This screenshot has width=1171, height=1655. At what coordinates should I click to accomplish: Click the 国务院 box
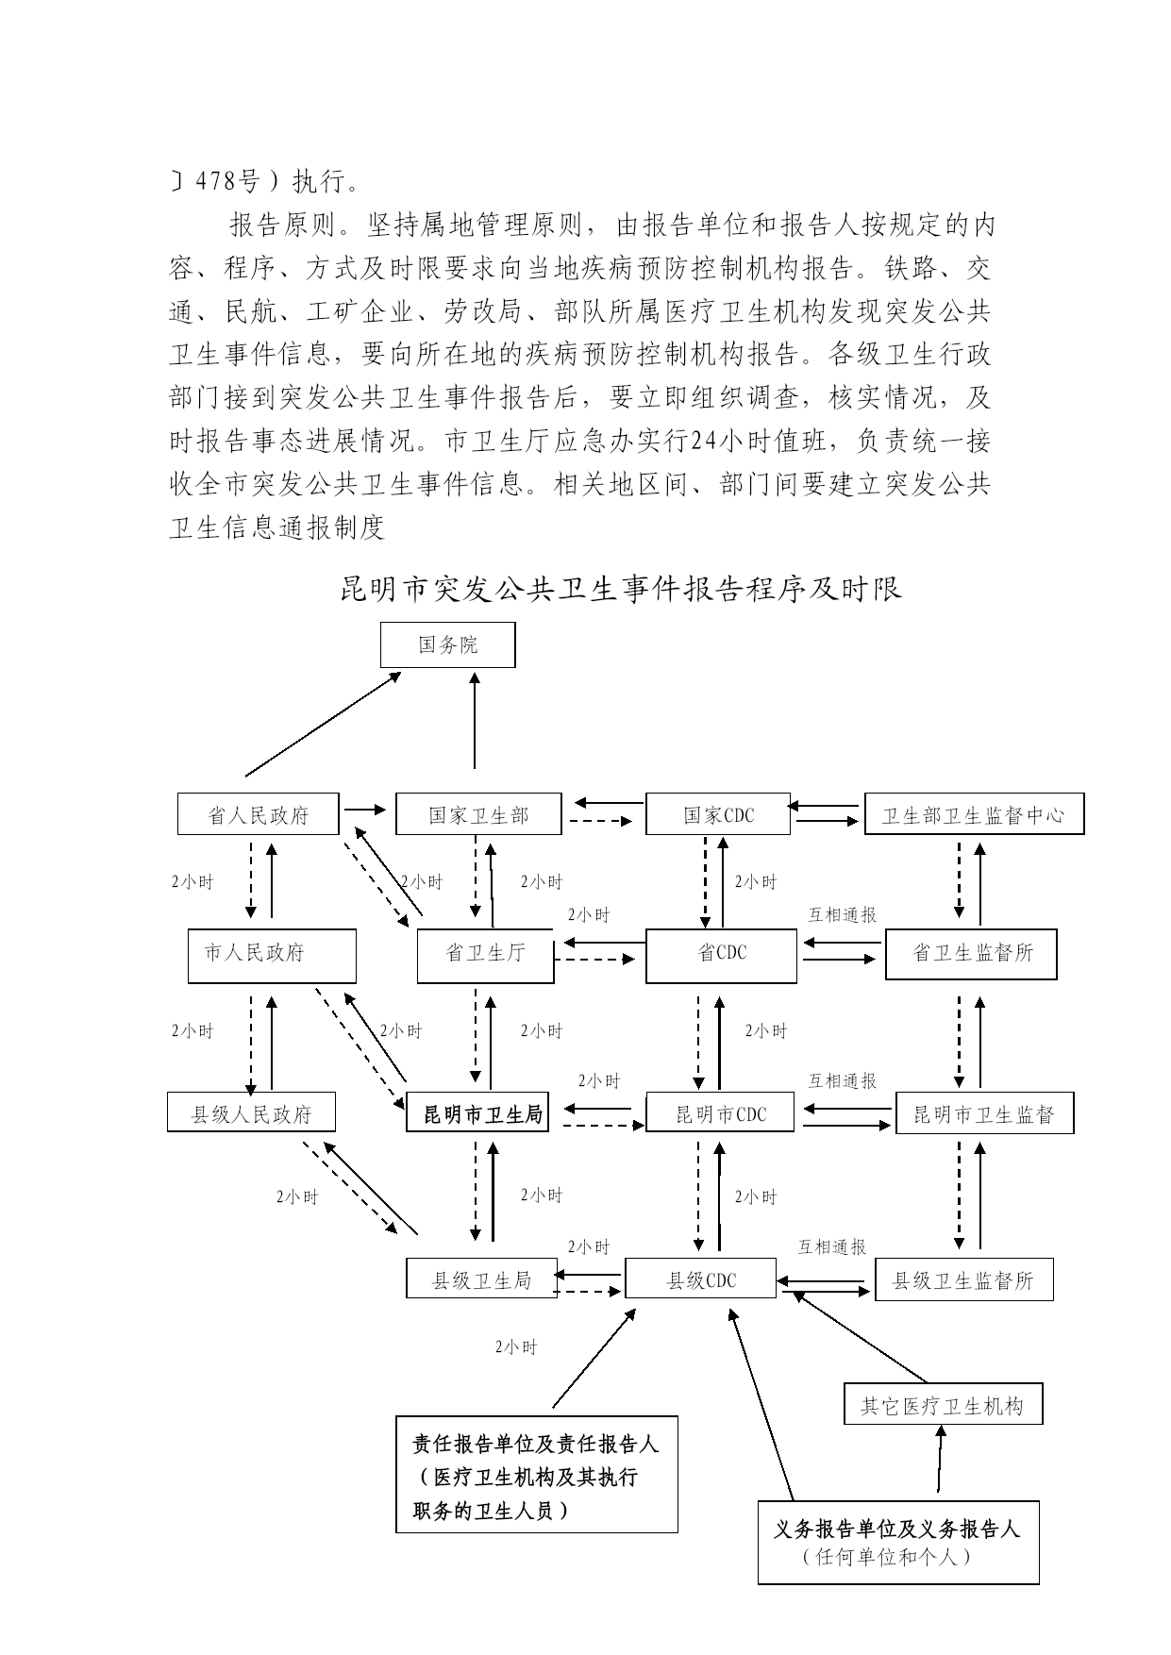(448, 644)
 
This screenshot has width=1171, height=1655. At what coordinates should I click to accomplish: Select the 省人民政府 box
(259, 814)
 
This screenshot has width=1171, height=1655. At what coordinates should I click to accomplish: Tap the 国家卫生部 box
(478, 814)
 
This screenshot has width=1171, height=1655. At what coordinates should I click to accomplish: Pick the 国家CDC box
(718, 814)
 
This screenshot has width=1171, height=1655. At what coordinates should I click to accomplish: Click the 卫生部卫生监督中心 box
(975, 814)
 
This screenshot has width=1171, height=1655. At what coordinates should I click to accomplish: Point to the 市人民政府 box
(272, 956)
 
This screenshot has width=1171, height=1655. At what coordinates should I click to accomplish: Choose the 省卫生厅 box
(486, 956)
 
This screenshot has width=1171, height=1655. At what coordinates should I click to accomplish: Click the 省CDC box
(722, 956)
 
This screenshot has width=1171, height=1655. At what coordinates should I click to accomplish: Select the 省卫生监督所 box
(971, 956)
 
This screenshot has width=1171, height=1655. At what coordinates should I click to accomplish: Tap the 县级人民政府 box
(252, 1112)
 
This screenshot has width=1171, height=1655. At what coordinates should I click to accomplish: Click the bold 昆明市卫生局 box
(477, 1112)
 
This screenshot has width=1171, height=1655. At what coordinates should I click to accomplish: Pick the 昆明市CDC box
(722, 1112)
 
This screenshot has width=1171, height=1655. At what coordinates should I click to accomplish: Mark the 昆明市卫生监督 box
(985, 1112)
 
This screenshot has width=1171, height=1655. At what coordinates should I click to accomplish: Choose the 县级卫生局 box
(481, 1279)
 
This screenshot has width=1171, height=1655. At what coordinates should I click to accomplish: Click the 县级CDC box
(701, 1279)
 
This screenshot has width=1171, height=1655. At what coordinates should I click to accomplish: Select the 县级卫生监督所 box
(963, 1279)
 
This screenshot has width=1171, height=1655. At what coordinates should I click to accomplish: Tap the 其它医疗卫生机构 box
(943, 1404)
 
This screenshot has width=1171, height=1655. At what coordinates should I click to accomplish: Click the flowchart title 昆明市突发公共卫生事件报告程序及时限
(621, 589)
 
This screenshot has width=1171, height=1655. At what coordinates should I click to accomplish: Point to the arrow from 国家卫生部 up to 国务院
(475, 720)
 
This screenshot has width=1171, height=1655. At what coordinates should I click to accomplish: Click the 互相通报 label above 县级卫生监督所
(832, 1246)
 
